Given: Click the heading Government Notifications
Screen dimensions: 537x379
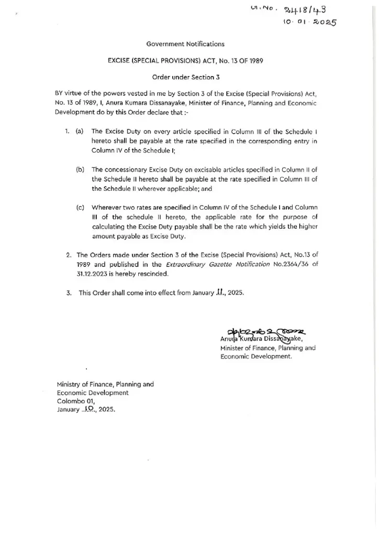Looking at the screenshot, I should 185,45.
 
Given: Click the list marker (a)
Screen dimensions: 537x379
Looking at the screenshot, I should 80,131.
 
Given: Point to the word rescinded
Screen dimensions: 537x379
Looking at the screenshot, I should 153,274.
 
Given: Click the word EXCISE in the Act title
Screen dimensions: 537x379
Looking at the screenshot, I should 119,61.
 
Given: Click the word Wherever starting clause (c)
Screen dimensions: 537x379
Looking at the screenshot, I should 106,208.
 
